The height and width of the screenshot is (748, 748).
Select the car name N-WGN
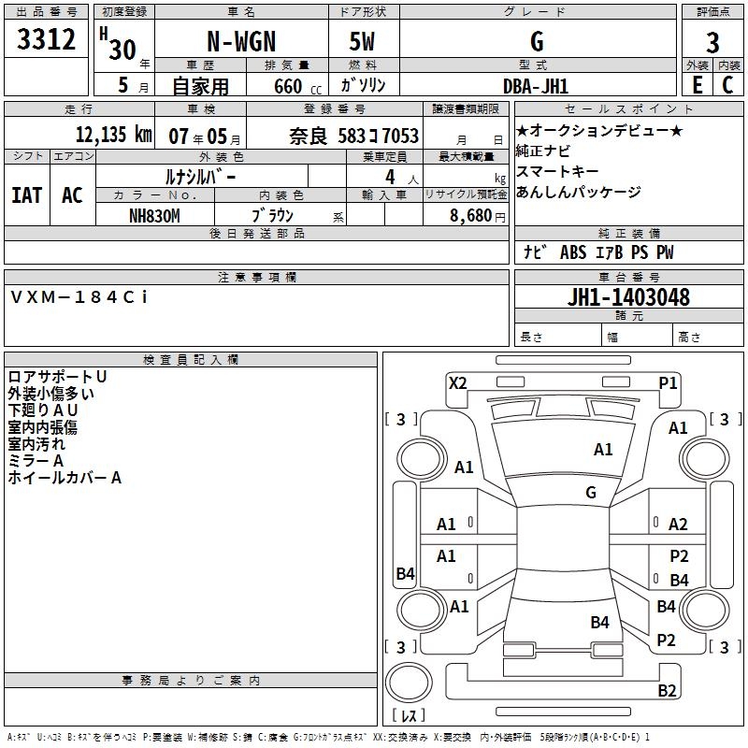pyautogui.click(x=239, y=42)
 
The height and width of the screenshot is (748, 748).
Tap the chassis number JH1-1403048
pyautogui.click(x=629, y=297)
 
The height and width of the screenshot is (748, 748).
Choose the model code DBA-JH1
pyautogui.click(x=536, y=85)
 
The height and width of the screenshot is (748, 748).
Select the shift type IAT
pyautogui.click(x=26, y=195)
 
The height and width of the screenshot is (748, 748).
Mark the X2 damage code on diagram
pyautogui.click(x=457, y=382)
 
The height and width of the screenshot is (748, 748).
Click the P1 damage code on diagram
pyautogui.click(x=668, y=382)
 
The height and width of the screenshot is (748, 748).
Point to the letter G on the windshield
pyautogui.click(x=591, y=492)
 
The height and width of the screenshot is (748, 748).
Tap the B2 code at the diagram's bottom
pyautogui.click(x=667, y=691)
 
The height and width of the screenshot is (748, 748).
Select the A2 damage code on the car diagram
pyautogui.click(x=678, y=525)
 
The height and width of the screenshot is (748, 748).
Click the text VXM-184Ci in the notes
pyautogui.click(x=79, y=296)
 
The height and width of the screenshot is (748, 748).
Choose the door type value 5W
pyautogui.click(x=364, y=42)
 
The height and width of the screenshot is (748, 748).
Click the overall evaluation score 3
pyautogui.click(x=712, y=42)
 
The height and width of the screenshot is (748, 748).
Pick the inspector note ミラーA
pyautogui.click(x=36, y=461)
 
